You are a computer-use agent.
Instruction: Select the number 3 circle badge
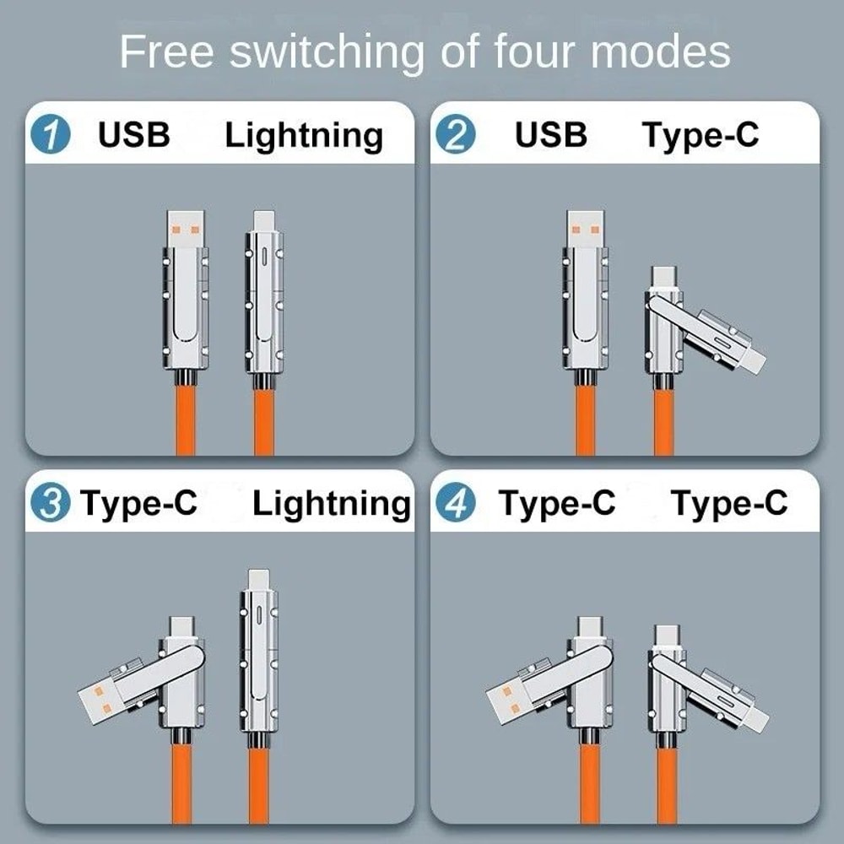[51, 504]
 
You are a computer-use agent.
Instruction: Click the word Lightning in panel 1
[303, 136]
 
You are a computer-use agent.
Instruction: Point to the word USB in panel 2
[551, 134]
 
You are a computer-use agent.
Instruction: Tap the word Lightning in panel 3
[331, 504]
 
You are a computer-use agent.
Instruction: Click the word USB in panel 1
[134, 134]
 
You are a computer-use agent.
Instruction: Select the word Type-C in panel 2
[701, 136]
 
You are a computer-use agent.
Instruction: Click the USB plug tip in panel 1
[186, 228]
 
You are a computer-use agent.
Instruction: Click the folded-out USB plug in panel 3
[101, 696]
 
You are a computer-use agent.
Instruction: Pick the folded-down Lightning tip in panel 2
[754, 361]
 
